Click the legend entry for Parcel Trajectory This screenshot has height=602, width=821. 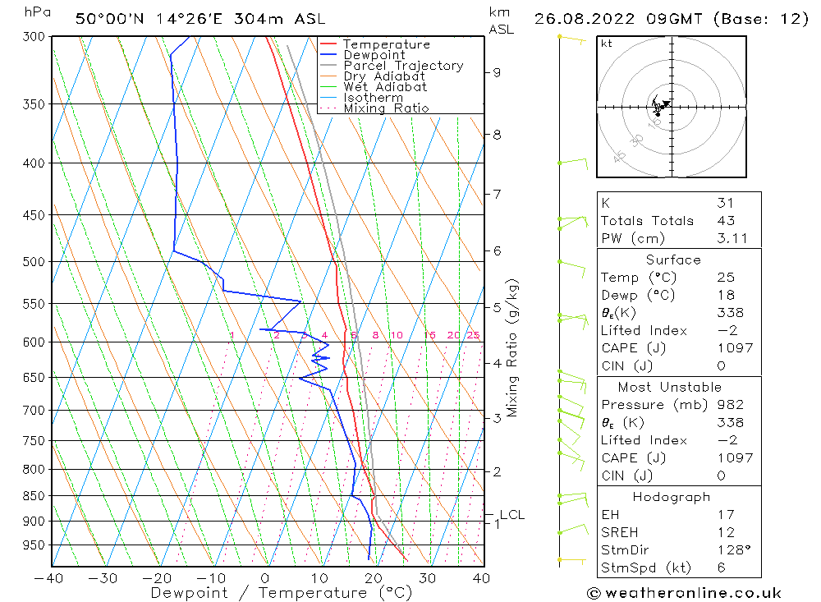[x=403, y=66]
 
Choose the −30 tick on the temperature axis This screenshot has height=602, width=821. [x=103, y=578]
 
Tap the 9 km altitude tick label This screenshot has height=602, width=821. [x=497, y=72]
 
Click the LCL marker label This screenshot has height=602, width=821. [x=511, y=515]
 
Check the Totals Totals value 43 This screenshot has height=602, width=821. [x=725, y=221]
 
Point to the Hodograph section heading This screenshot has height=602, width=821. [x=671, y=497]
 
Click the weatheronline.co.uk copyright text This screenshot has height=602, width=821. [x=685, y=593]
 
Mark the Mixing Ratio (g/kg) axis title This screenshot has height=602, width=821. [x=513, y=347]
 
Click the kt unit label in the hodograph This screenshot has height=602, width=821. [x=606, y=44]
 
